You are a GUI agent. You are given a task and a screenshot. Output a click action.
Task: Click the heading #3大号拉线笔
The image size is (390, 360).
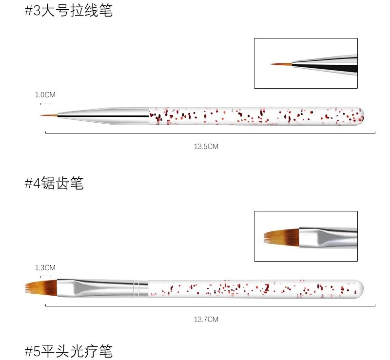[x=69, y=11]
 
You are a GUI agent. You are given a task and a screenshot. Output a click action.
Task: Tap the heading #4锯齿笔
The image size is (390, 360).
[x=54, y=183]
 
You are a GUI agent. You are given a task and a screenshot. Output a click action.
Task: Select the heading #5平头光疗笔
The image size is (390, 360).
[x=69, y=351]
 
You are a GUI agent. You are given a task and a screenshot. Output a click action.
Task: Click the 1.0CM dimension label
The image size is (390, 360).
[x=45, y=95]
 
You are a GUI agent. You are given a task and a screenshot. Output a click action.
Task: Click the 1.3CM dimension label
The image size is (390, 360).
[x=45, y=267]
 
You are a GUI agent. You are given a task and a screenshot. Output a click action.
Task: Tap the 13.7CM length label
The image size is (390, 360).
[x=206, y=319]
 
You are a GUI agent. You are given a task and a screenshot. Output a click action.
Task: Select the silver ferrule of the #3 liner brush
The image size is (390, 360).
[x=102, y=115]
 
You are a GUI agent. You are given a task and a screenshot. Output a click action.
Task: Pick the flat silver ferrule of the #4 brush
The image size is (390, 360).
[x=93, y=288]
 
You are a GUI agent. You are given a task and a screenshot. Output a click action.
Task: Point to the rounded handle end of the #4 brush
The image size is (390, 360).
[x=360, y=288]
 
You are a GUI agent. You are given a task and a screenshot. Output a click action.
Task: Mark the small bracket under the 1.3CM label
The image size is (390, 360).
[x=45, y=276]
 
